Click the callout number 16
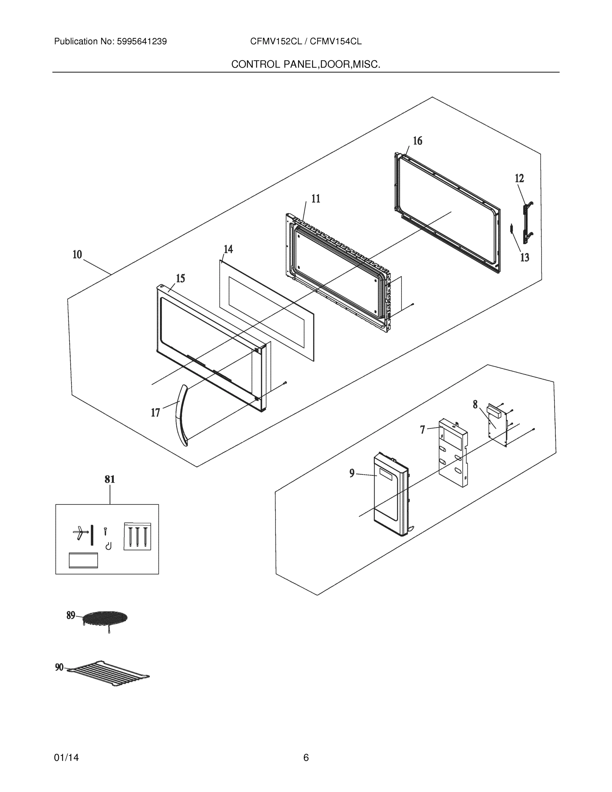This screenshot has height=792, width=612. (417, 141)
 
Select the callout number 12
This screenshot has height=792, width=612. (519, 179)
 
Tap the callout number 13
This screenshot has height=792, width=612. (524, 257)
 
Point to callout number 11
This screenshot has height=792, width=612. (315, 199)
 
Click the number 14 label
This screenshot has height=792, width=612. (228, 249)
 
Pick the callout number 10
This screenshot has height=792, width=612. (77, 254)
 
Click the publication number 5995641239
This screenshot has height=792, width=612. (142, 42)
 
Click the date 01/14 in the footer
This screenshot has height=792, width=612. (66, 758)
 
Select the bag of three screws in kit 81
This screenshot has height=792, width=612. (137, 536)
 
